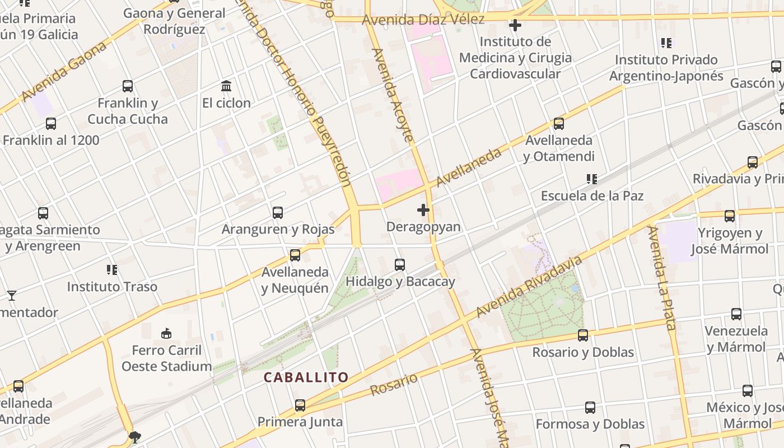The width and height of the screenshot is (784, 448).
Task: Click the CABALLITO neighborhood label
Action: click(x=306, y=377)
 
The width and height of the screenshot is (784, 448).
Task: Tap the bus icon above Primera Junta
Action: click(x=300, y=405)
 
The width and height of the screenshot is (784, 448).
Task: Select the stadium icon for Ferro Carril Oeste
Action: click(x=166, y=334)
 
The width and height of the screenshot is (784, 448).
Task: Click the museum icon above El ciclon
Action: click(x=226, y=86)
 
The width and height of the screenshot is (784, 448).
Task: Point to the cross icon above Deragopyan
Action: click(x=423, y=210)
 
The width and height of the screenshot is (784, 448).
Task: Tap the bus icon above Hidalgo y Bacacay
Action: click(x=400, y=265)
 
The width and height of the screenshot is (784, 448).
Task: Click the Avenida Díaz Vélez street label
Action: click(x=423, y=20)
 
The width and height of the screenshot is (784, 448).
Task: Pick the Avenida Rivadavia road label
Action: click(x=529, y=287)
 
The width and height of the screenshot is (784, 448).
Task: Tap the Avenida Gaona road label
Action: click(x=65, y=72)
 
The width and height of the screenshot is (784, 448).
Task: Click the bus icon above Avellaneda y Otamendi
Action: click(x=558, y=124)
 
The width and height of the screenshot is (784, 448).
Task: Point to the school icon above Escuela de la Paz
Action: click(x=591, y=179)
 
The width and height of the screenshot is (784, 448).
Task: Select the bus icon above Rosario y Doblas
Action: click(x=583, y=335)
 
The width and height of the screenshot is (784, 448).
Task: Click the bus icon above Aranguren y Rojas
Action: click(x=278, y=213)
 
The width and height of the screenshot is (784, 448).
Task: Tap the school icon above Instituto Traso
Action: click(x=112, y=270)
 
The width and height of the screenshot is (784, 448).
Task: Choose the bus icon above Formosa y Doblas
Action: click(x=590, y=407)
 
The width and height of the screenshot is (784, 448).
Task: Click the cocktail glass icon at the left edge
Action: click(x=11, y=295)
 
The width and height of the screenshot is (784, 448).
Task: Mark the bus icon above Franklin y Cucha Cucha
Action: click(x=128, y=86)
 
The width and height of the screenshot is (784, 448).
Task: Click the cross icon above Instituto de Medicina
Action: click(x=515, y=25)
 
